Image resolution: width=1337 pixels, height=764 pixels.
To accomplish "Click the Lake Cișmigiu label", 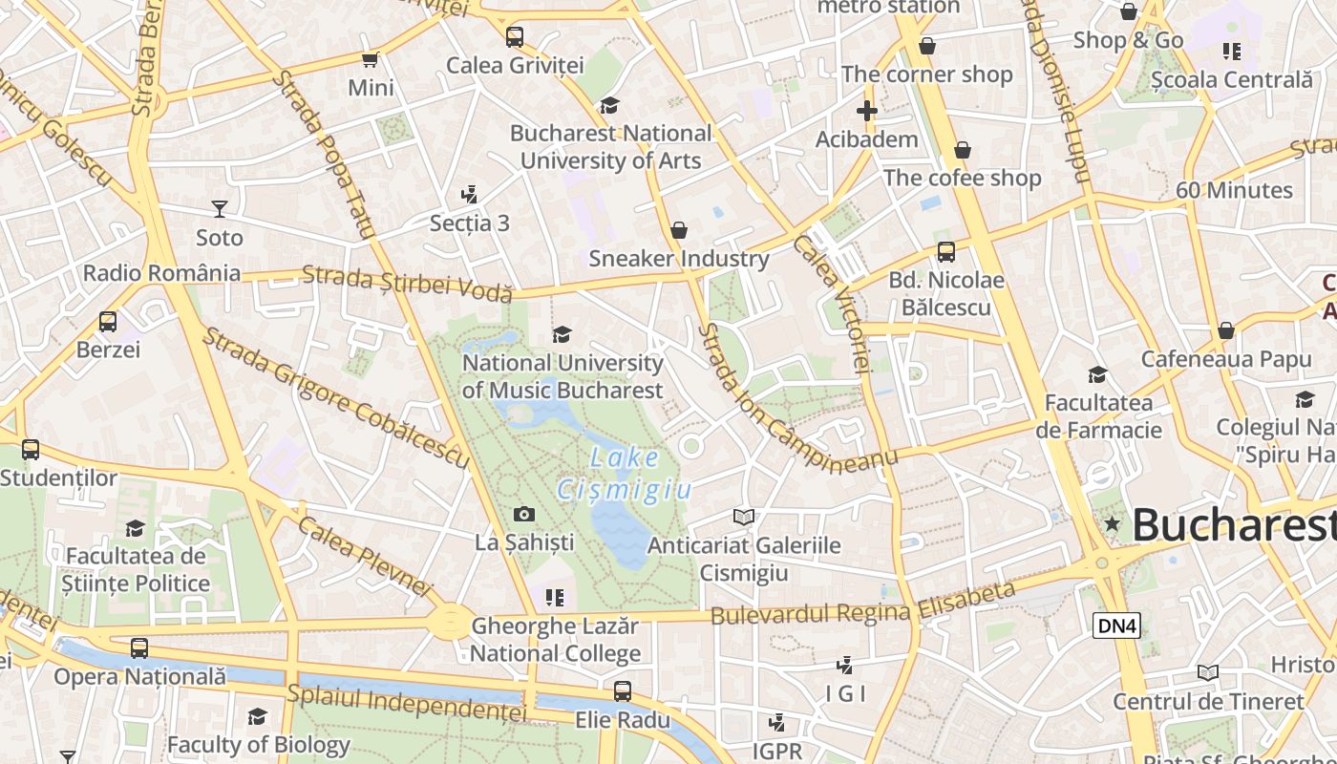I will [x=624, y=474].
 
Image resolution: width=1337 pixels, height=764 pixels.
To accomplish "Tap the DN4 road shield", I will [x=1116, y=626].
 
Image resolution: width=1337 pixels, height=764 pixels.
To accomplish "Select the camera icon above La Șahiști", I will [x=523, y=515].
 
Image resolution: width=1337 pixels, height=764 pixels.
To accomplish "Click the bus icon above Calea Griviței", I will [x=515, y=37].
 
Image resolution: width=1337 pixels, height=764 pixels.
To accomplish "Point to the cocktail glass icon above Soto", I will [x=220, y=208].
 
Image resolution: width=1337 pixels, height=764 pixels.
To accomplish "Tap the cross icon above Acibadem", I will [x=866, y=112].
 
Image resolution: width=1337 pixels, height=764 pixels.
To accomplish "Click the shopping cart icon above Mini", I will [x=371, y=60].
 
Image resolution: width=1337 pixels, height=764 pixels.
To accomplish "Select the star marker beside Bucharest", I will [x=1112, y=523].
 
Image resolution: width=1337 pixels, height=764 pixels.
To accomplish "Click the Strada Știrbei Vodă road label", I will [x=408, y=284].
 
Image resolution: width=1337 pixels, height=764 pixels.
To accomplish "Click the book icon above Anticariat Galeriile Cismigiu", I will [x=744, y=517].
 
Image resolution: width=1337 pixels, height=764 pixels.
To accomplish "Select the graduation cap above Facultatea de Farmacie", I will [x=1097, y=375].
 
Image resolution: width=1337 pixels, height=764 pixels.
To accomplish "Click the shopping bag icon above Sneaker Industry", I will [x=679, y=230].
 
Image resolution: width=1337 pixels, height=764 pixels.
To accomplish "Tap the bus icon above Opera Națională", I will [x=139, y=648].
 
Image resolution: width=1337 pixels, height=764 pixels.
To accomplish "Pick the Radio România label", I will [x=161, y=273].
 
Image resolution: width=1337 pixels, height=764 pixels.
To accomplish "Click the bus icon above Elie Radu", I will [x=623, y=690].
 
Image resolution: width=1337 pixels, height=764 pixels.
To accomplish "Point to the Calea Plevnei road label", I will [x=365, y=557].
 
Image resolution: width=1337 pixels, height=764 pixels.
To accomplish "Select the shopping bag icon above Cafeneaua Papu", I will [x=1226, y=331].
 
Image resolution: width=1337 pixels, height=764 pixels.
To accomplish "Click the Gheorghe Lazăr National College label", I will [x=555, y=640].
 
